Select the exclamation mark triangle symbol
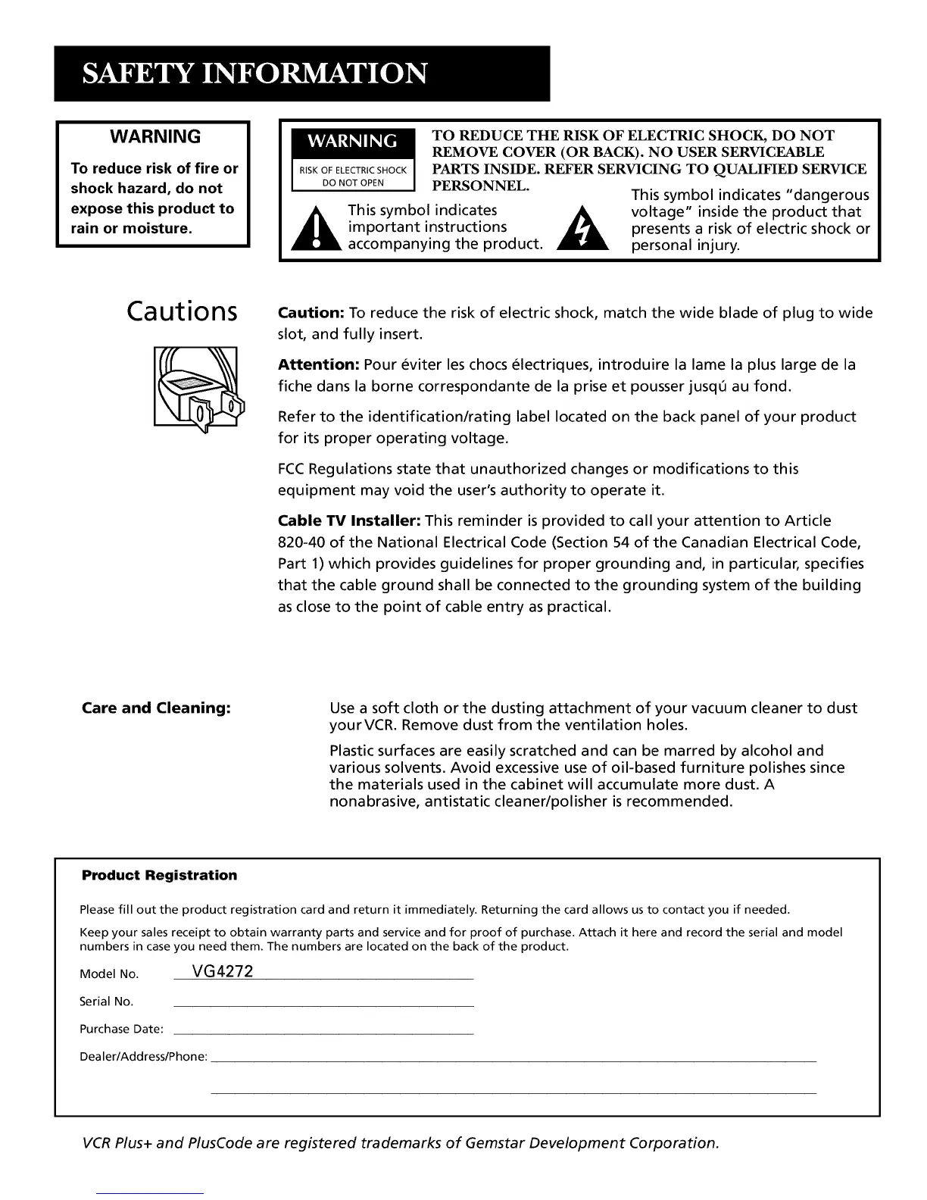[316, 229]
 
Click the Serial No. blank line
[323, 1005]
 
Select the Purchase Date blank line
[323, 1033]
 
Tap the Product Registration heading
[159, 876]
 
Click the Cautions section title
[182, 311]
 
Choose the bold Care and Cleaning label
[155, 708]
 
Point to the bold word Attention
[318, 365]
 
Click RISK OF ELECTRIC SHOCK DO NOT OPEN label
[352, 177]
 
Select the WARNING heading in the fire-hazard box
[155, 137]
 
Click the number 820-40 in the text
[302, 542]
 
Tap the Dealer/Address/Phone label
[143, 1057]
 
